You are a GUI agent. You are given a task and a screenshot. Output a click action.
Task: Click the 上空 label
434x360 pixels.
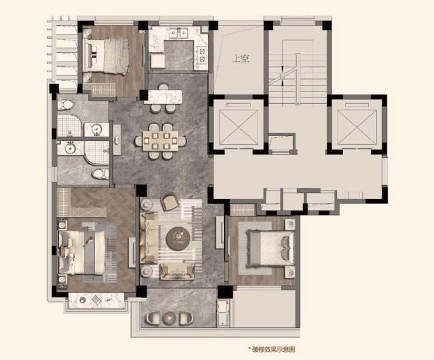(240, 59)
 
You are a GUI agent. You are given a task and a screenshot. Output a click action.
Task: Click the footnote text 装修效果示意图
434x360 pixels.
(273, 349)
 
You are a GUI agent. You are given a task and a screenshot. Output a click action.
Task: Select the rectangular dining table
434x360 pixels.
(161, 141)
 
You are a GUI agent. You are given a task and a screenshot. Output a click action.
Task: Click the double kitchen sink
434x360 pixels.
(178, 33)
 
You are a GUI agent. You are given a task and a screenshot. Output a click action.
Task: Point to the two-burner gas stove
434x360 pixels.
(202, 55)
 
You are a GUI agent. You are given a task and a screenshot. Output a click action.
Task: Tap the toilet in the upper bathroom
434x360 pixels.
(66, 104)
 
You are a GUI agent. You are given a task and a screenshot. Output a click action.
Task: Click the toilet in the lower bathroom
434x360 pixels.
(100, 174)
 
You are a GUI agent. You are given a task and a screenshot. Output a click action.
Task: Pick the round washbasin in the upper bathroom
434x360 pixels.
(97, 129)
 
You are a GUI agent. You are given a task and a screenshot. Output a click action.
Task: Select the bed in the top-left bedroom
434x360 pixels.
(107, 56)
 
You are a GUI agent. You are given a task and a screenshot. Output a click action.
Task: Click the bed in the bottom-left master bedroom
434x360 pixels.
(81, 253)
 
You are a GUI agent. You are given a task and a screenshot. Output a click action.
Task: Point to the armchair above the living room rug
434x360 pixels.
(171, 202)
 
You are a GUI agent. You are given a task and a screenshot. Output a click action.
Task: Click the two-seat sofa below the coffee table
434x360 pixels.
(178, 271)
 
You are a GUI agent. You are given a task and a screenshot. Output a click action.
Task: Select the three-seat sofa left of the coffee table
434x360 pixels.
(150, 237)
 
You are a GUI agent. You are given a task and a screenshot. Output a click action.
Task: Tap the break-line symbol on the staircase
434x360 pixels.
(282, 76)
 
